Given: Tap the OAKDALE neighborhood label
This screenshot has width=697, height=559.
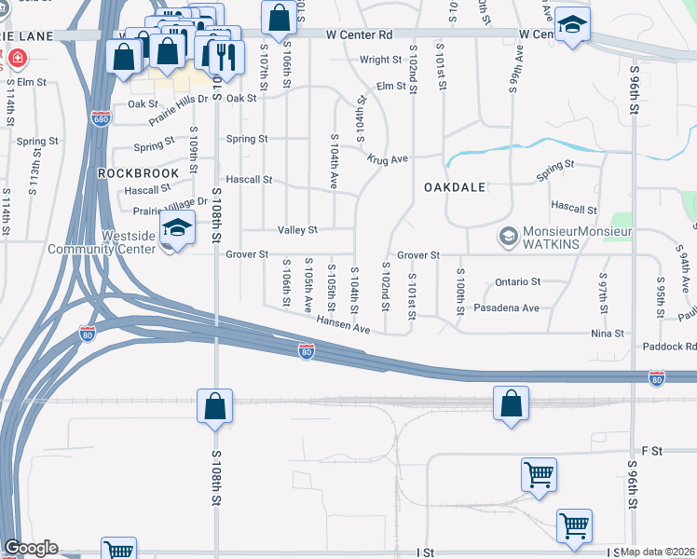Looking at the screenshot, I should click(x=455, y=187).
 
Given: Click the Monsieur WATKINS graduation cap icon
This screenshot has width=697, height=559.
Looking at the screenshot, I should click(x=508, y=237).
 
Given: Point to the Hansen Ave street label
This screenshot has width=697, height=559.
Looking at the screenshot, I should click(x=344, y=325).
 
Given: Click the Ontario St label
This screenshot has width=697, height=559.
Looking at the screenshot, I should click(x=517, y=281).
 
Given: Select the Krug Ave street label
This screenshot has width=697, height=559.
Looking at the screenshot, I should click(x=387, y=159).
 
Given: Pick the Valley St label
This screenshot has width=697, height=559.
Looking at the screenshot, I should click(x=297, y=229).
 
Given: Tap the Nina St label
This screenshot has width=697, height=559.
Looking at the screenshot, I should click(x=606, y=333).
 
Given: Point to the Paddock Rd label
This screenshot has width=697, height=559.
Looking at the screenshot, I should click(x=669, y=347).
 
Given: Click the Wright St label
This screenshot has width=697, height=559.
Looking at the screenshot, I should click(x=380, y=60).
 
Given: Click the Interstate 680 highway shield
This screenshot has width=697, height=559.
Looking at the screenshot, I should click(x=101, y=118).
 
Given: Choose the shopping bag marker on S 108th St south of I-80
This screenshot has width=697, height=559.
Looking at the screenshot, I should click(x=214, y=407).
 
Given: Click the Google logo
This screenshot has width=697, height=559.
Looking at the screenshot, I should click(x=31, y=548).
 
